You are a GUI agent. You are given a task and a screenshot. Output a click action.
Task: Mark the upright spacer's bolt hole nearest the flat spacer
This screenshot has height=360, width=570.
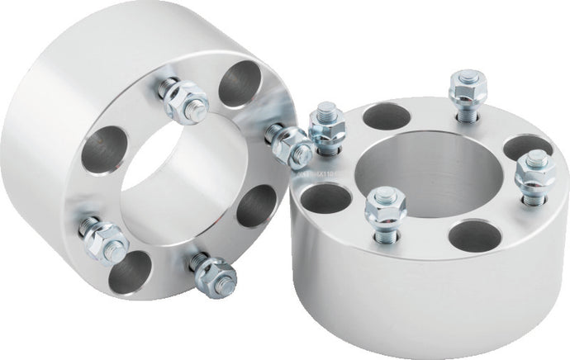point(256,206)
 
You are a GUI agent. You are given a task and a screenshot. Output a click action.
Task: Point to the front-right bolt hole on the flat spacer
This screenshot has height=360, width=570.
point(475,235)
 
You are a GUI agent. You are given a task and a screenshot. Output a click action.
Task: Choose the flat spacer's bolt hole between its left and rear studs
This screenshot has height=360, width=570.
point(387,116)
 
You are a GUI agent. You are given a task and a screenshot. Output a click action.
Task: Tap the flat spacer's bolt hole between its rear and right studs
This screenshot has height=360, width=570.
point(526,147)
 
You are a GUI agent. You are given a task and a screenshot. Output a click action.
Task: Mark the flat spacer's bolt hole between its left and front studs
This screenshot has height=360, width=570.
point(327,198)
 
